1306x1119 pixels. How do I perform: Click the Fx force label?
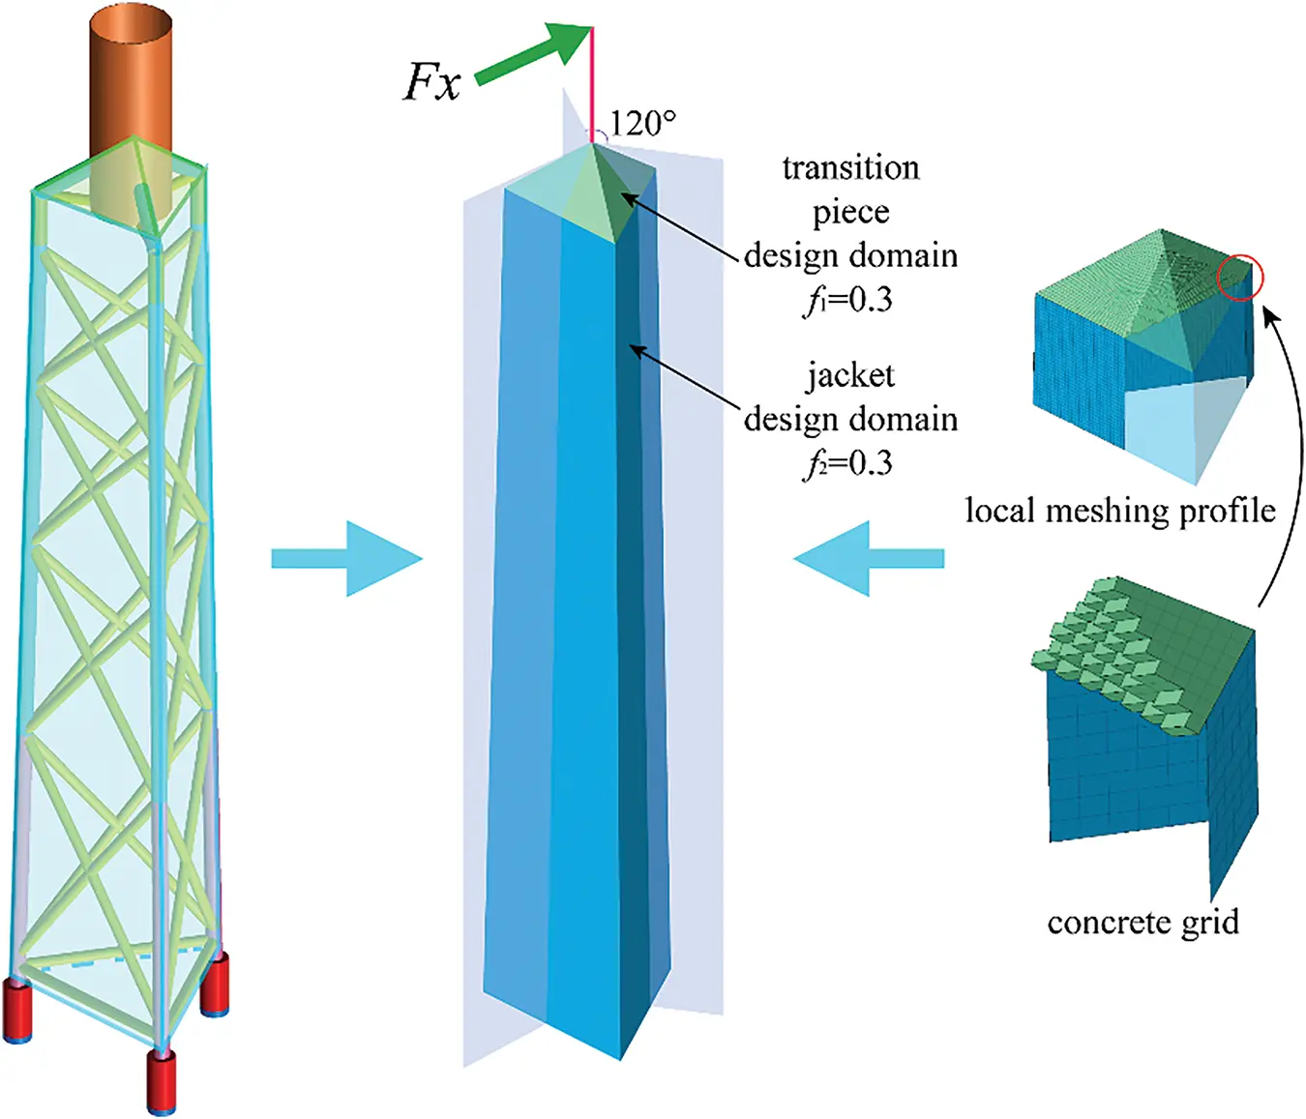tap(431, 81)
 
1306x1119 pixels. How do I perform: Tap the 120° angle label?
tap(642, 123)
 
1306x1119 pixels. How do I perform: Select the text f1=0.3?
tap(848, 300)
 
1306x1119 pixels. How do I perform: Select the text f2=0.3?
tap(848, 463)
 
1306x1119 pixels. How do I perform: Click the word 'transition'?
tap(850, 168)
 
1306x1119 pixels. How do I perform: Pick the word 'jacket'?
tap(850, 375)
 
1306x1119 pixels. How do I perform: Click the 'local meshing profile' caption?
tap(1120, 510)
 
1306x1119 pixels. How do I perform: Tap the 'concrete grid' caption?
tap(1143, 922)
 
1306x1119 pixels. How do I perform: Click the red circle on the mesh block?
tap(1240, 278)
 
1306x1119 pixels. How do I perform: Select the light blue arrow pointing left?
tap(869, 558)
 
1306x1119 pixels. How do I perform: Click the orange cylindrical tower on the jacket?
tap(131, 87)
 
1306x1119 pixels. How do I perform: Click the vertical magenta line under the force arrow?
tap(592, 87)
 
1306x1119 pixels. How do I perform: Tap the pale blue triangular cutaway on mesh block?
tap(1180, 426)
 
